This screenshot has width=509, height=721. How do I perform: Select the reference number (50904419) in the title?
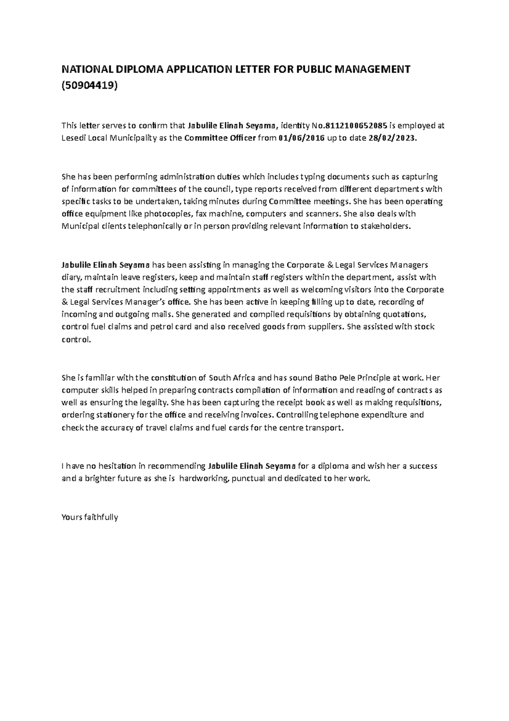tap(89, 86)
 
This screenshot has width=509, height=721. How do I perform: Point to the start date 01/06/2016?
tap(302, 138)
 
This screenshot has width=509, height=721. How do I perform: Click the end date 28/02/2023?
tap(391, 138)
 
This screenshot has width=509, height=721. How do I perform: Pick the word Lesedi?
tap(73, 138)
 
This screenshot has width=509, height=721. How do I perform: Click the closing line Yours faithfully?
tap(89, 517)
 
